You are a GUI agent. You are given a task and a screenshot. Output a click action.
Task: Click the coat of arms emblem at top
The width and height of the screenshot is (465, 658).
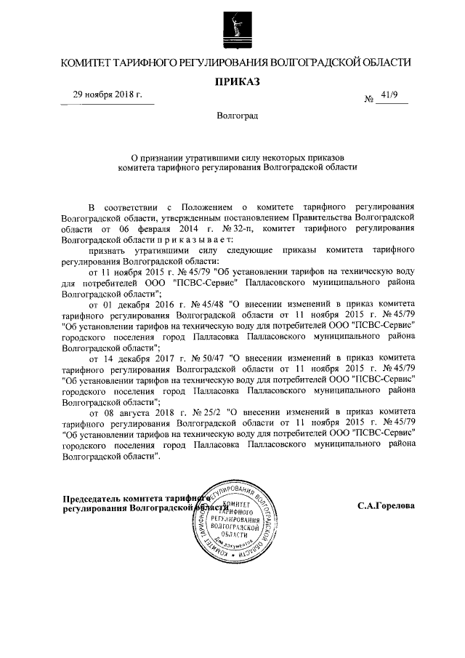pyautogui.click(x=232, y=25)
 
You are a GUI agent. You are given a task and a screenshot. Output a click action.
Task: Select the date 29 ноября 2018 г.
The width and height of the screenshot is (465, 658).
pyautogui.click(x=108, y=95)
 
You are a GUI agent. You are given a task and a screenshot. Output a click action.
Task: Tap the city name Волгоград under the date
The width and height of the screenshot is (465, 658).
pyautogui.click(x=237, y=116)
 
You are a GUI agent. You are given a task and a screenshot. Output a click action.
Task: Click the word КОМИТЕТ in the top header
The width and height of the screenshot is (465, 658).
pyautogui.click(x=92, y=63)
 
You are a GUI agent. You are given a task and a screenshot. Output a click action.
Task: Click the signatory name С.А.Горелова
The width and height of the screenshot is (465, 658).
pyautogui.click(x=386, y=504)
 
